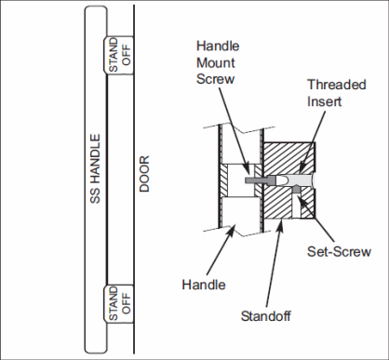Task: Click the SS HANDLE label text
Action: click(95, 168)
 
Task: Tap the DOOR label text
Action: click(144, 174)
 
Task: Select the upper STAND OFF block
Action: click(118, 55)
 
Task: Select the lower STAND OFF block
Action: click(118, 304)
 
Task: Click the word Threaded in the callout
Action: click(337, 85)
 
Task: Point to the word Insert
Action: click(324, 101)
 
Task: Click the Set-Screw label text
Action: click(339, 251)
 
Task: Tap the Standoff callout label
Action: click(266, 316)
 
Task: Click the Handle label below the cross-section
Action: click(204, 285)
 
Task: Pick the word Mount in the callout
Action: click(216, 62)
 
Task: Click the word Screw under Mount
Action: click(215, 79)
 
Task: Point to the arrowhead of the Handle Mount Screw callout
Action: click(247, 172)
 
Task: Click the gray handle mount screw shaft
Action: click(255, 180)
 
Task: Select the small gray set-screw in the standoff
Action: click(297, 190)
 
